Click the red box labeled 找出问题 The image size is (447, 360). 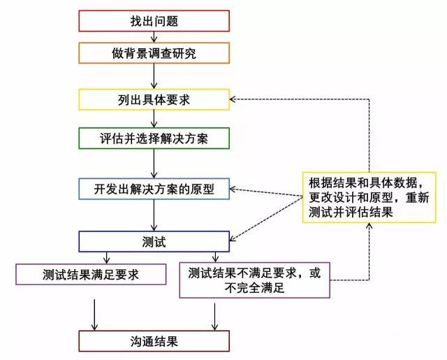click(x=154, y=21)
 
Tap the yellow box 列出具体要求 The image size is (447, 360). click(x=154, y=100)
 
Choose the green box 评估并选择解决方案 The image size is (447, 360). click(x=154, y=138)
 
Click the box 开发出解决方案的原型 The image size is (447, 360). click(x=154, y=188)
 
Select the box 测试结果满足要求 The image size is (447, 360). click(x=91, y=273)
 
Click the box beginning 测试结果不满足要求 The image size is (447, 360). click(x=254, y=280)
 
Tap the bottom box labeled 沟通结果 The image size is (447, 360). click(x=154, y=341)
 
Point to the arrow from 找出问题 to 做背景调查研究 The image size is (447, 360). click(x=154, y=36)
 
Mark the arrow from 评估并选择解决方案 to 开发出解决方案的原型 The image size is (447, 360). click(x=154, y=163)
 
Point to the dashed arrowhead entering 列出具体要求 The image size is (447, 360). click(x=235, y=101)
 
